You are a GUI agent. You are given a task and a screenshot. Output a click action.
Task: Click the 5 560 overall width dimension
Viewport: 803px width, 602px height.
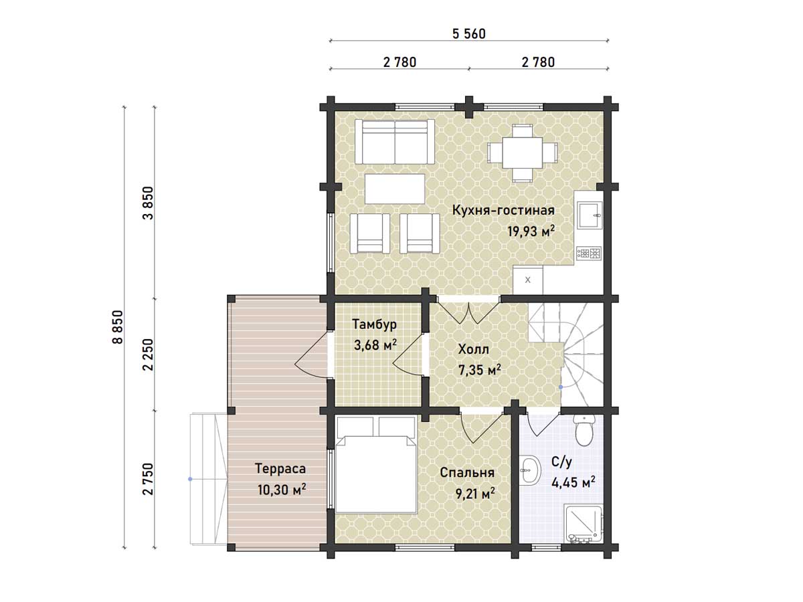(468, 34)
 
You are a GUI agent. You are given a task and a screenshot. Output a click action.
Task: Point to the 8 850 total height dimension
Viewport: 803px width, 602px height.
(118, 327)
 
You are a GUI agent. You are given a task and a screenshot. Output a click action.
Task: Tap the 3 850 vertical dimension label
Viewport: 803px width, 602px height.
(149, 203)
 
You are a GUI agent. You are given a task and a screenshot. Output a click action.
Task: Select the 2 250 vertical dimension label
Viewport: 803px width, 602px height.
(149, 355)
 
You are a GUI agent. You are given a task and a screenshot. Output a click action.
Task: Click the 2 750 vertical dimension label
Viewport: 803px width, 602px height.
(149, 479)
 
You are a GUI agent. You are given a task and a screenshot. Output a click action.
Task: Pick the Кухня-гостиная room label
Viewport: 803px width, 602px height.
(503, 211)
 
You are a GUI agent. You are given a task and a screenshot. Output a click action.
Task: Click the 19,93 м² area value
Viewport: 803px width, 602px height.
(531, 231)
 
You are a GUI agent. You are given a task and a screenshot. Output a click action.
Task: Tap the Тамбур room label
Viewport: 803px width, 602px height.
(374, 324)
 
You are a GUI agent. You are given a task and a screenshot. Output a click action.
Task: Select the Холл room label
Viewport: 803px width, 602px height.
(473, 349)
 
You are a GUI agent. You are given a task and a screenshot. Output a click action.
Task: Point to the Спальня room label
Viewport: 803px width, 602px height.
(467, 473)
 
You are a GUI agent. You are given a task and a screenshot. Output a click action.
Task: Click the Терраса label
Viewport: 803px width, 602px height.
(280, 469)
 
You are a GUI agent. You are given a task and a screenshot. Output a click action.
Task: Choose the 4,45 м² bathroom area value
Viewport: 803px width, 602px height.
(573, 482)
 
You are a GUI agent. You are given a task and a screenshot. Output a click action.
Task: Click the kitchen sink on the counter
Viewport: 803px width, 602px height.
(590, 215)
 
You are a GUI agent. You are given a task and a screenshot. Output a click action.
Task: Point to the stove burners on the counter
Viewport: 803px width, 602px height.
(589, 253)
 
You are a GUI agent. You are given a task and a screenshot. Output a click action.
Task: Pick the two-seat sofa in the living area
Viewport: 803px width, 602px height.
(395, 142)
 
